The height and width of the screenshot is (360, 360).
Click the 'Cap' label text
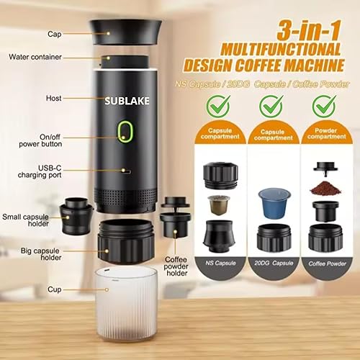[x=34, y=34]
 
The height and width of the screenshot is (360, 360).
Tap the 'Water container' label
[x=35, y=56]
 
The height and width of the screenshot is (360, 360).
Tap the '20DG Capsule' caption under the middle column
[x=270, y=264]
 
